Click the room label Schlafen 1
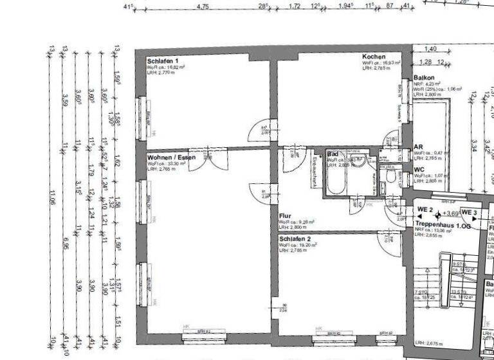pyautogui.click(x=163, y=60)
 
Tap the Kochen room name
pyautogui.click(x=374, y=57)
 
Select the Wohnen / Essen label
pyautogui.click(x=171, y=157)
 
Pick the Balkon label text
pyautogui.click(x=425, y=77)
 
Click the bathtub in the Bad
pyautogui.click(x=336, y=181)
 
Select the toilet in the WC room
pyautogui.click(x=390, y=178)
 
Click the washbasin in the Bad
pyautogui.click(x=361, y=161)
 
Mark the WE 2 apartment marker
pyautogui.click(x=424, y=210)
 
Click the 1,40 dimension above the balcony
pyautogui.click(x=431, y=49)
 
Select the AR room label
pyautogui.click(x=418, y=147)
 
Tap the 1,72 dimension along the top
pyautogui.click(x=295, y=6)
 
